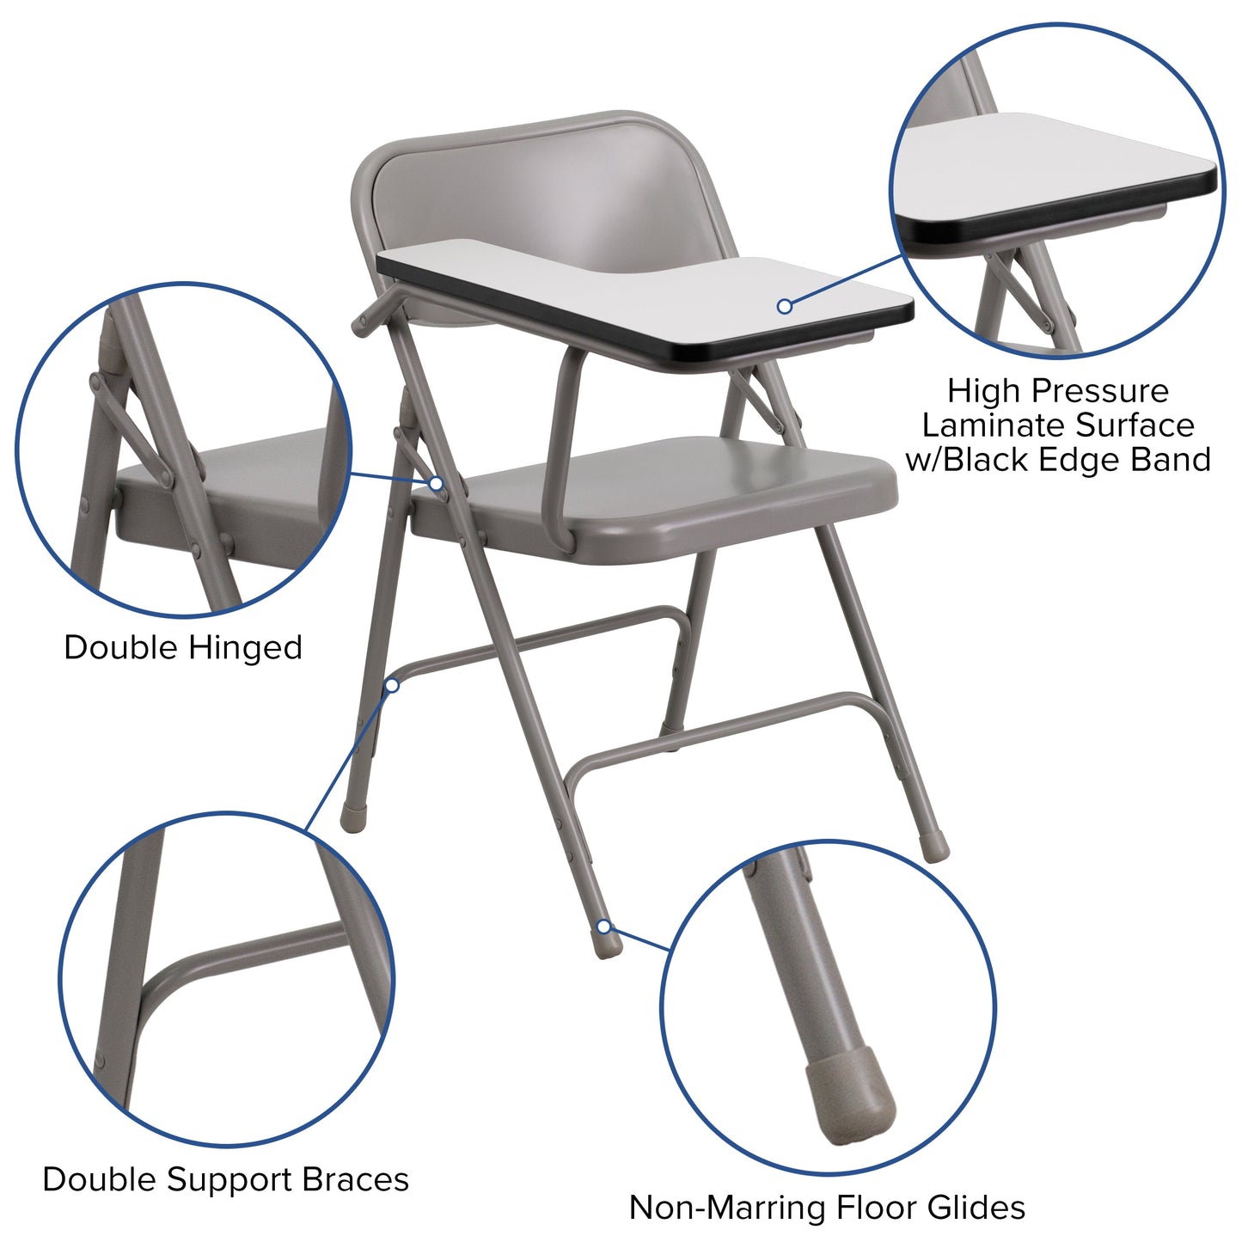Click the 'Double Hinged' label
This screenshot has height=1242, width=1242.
pos(183,647)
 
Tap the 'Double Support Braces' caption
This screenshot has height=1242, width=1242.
pos(225,1179)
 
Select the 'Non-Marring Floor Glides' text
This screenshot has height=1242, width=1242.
pos(827,1207)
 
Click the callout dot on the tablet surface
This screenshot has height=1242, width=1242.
pos(784,306)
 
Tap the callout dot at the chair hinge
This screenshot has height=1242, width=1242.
pos(437,484)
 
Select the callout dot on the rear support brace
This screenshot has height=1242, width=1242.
pos(392,685)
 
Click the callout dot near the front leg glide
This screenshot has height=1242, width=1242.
pos(604,927)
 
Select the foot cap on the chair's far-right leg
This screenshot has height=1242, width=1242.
pos(935,847)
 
